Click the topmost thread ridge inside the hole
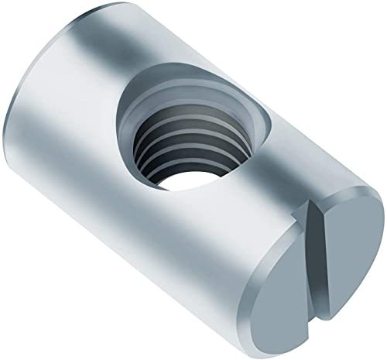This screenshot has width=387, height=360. [178, 120]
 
